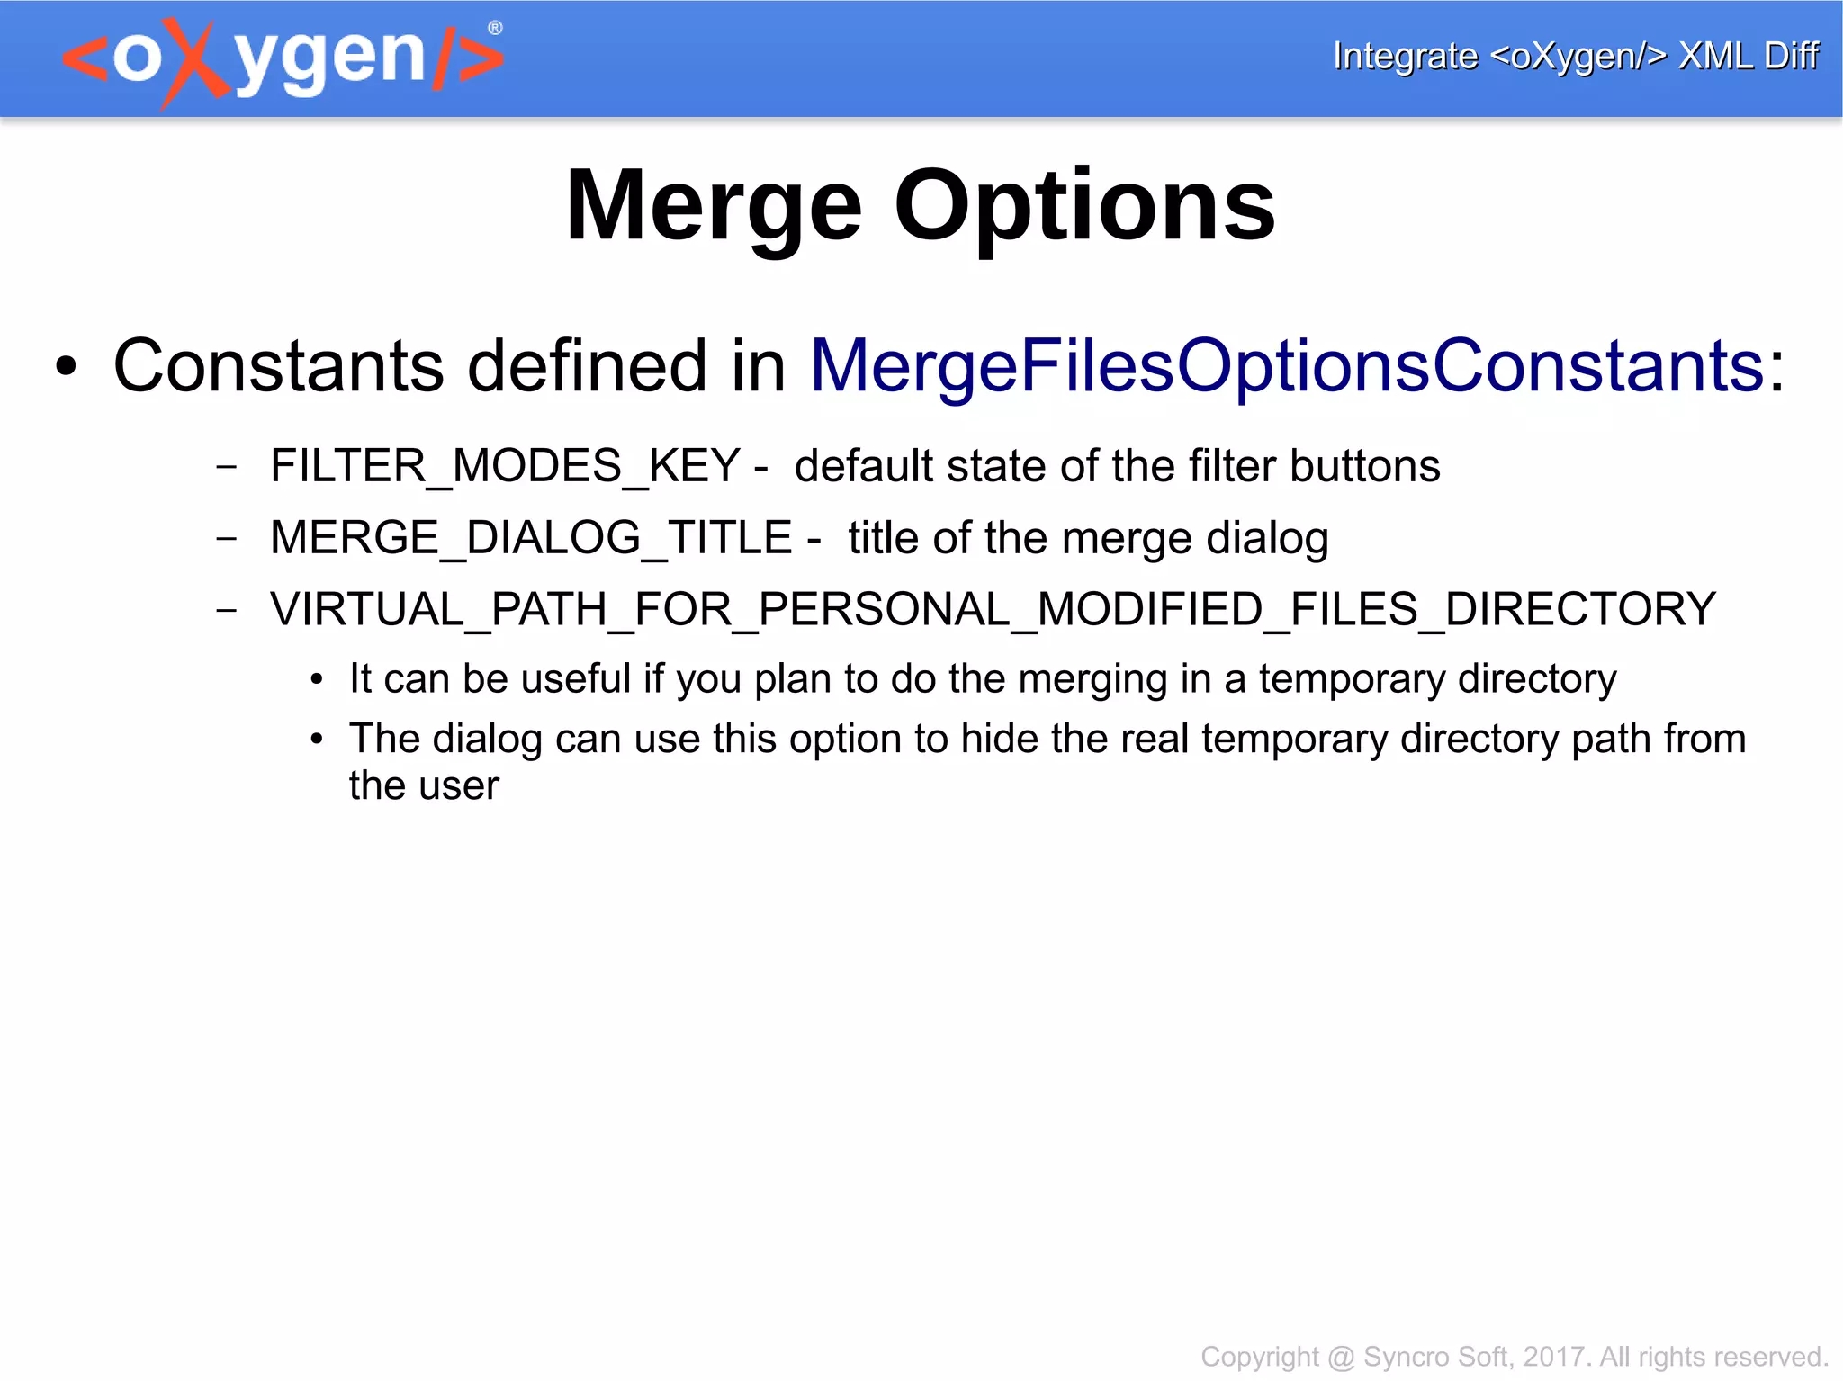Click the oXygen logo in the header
click(x=283, y=59)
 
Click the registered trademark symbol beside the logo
click(x=495, y=28)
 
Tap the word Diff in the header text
click(x=1791, y=56)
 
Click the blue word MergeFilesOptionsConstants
click(x=1287, y=366)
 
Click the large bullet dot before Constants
click(x=66, y=367)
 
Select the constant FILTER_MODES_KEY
click(x=505, y=466)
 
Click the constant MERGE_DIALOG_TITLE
click(x=531, y=538)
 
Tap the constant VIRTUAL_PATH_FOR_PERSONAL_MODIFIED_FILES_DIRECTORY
click(x=993, y=609)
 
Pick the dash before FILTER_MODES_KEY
click(x=227, y=466)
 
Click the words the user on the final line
click(x=423, y=785)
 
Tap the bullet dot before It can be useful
click(x=316, y=681)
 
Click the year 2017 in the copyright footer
click(x=1553, y=1356)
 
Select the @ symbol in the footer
click(x=1341, y=1357)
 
